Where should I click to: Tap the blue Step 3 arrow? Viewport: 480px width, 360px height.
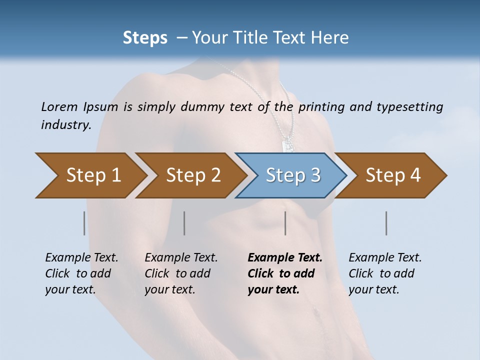pyautogui.click(x=292, y=175)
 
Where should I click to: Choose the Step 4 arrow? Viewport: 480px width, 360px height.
pyautogui.click(x=393, y=175)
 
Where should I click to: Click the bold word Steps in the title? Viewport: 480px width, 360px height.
pyautogui.click(x=145, y=38)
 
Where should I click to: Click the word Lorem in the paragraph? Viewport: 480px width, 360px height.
pyautogui.click(x=59, y=106)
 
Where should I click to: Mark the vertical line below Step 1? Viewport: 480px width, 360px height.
pyautogui.click(x=84, y=223)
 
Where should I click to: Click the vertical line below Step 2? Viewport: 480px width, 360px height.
pyautogui.click(x=184, y=223)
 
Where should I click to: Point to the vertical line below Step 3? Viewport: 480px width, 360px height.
pyautogui.click(x=285, y=223)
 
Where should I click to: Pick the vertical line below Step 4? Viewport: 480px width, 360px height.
pyautogui.click(x=386, y=223)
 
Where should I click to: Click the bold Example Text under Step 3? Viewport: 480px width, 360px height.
pyautogui.click(x=285, y=258)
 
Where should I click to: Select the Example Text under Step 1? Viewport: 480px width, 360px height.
pyautogui.click(x=81, y=258)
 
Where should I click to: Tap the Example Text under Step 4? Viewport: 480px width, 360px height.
pyautogui.click(x=385, y=258)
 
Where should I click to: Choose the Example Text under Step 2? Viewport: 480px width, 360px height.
pyautogui.click(x=181, y=258)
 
